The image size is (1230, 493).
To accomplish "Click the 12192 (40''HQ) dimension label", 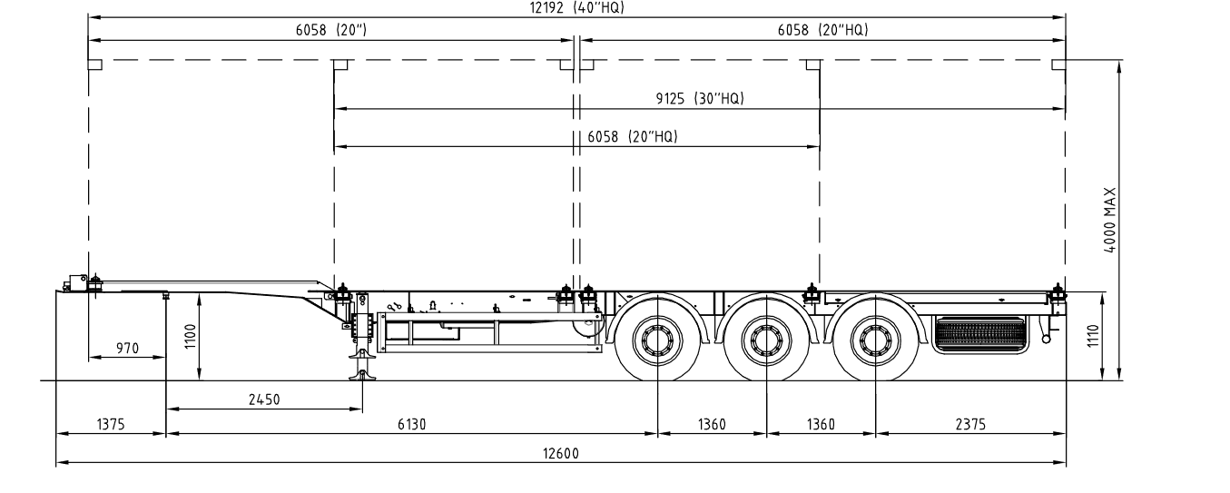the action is pos(576,7).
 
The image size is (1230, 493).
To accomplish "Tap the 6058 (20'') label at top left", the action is pos(331,30).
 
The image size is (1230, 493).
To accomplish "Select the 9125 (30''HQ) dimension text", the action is pos(700,98).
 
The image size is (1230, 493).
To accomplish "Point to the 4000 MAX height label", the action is pos(1110,220).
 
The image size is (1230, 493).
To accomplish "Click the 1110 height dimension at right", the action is pos(1092,335).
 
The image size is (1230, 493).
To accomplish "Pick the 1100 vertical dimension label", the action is pos(190,336).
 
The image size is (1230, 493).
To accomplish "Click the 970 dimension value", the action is pos(127,348).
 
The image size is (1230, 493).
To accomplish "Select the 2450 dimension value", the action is pos(264,399).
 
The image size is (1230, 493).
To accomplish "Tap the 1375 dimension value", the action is pos(111,424).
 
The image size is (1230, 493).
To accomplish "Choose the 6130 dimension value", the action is pos(412,424).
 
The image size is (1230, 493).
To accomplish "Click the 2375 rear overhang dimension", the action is pos(970,424).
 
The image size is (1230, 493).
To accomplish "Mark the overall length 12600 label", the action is pos(561,453).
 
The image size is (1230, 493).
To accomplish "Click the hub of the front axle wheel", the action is pos(657,340).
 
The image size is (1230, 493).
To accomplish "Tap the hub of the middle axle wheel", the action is pos(766,340).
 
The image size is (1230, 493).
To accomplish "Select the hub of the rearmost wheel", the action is pos(875,340).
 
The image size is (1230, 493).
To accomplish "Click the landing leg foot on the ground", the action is pos(362,376).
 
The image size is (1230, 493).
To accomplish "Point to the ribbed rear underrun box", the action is pos(980,335).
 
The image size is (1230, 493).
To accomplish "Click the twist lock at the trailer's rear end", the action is pos(1058,295).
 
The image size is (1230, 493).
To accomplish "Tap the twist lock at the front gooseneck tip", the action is pos(95,284).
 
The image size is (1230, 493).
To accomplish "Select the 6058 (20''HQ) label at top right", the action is pos(823,30).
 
